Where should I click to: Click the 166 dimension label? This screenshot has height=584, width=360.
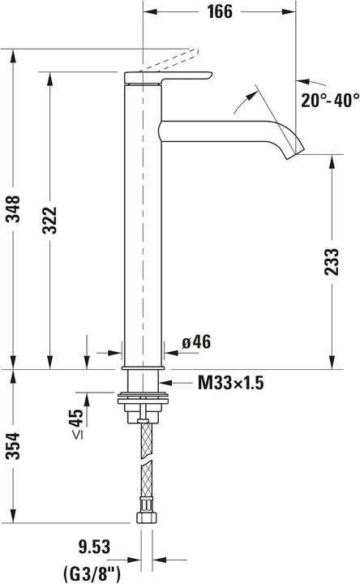(x=220, y=11)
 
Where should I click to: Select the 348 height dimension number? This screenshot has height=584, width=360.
(x=13, y=208)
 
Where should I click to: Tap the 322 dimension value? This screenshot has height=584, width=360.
(x=49, y=220)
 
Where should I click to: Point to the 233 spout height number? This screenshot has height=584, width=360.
(x=332, y=262)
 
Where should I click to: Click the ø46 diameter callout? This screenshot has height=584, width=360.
(x=196, y=341)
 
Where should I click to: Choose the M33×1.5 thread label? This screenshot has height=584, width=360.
(x=230, y=383)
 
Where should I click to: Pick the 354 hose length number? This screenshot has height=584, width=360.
(x=13, y=446)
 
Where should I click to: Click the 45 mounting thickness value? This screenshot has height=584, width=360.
(x=76, y=418)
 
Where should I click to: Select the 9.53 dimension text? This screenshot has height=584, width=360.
(x=94, y=547)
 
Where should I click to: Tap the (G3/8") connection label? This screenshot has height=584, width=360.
(x=92, y=574)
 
